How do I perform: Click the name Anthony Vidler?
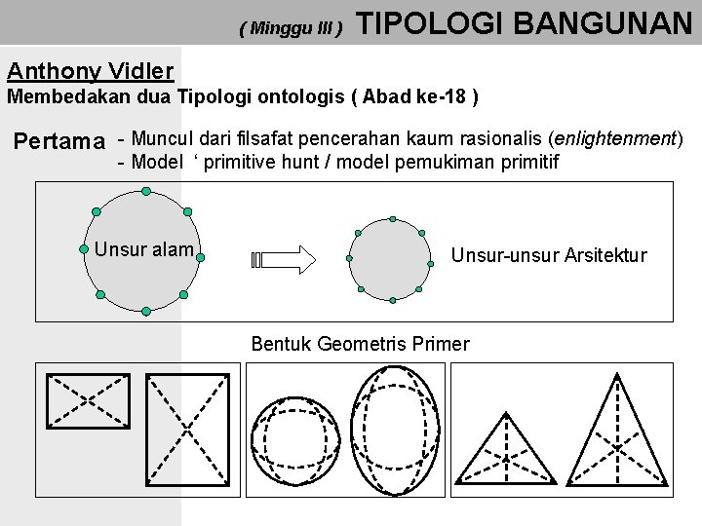pos(90,71)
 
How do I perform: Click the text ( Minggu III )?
pos(291,28)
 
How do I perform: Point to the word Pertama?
pos(58,142)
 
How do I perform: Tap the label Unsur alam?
pos(143,249)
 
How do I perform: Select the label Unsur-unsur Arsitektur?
pos(549,255)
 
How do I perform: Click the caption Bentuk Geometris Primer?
pos(360,344)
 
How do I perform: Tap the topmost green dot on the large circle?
pos(145,191)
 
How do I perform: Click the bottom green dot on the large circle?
pos(145,312)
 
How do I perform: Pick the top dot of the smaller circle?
pos(392,219)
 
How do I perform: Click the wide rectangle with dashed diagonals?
pos(89,399)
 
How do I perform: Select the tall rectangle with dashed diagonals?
pos(186,429)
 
